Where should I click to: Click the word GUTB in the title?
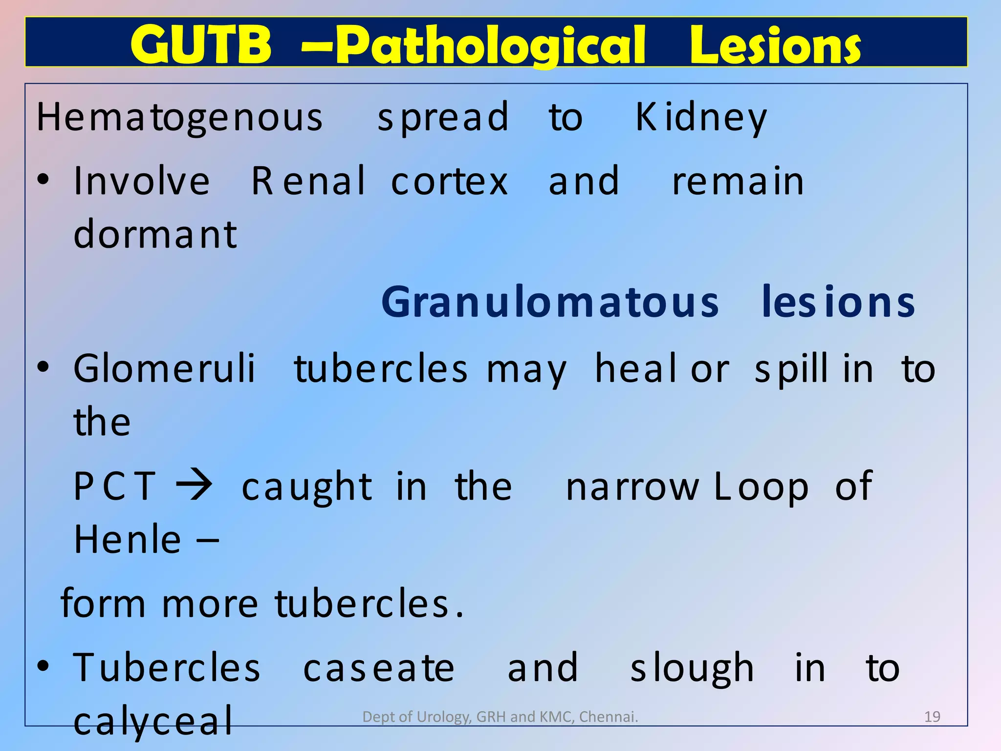[x=200, y=45]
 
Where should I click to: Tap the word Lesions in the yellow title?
[x=775, y=45]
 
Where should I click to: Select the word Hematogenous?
[x=180, y=118]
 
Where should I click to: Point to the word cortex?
[x=450, y=181]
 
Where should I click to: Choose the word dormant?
[x=155, y=235]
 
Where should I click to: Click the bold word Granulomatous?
[x=550, y=303]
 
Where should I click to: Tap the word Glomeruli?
[x=164, y=369]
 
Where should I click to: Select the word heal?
[x=635, y=369]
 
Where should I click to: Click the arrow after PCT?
[x=195, y=486]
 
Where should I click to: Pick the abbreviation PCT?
[x=115, y=486]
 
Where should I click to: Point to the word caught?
[x=307, y=487]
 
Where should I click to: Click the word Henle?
[x=128, y=539]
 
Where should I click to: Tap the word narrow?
[x=632, y=487]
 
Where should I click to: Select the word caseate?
[x=379, y=668]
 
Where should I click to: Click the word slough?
[x=692, y=668]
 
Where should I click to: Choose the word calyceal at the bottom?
[x=153, y=722]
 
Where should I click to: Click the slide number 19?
[x=932, y=717]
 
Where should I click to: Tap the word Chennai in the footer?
[x=608, y=717]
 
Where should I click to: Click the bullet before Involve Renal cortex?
[x=44, y=179]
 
